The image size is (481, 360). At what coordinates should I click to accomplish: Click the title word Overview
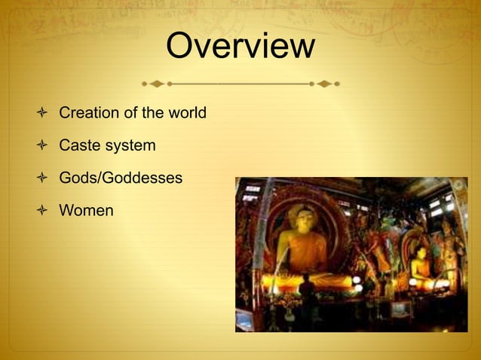240,46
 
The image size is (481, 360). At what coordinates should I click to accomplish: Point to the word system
130,145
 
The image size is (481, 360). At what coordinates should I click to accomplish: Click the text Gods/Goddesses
121,178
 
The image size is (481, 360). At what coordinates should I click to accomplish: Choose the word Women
86,210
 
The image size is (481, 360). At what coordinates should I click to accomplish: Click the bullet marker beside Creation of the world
42,114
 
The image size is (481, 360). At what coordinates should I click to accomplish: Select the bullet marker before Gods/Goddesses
42,178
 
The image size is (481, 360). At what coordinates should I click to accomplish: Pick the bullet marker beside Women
42,211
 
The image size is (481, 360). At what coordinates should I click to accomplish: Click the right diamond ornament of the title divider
324,82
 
